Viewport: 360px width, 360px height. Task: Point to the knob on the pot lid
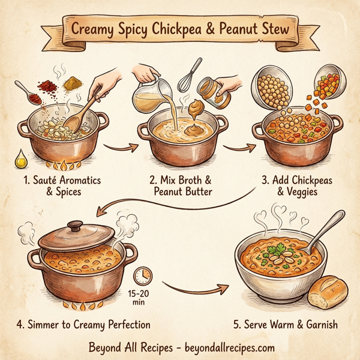coord(76,227)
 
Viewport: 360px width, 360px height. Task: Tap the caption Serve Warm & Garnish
coord(285,325)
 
